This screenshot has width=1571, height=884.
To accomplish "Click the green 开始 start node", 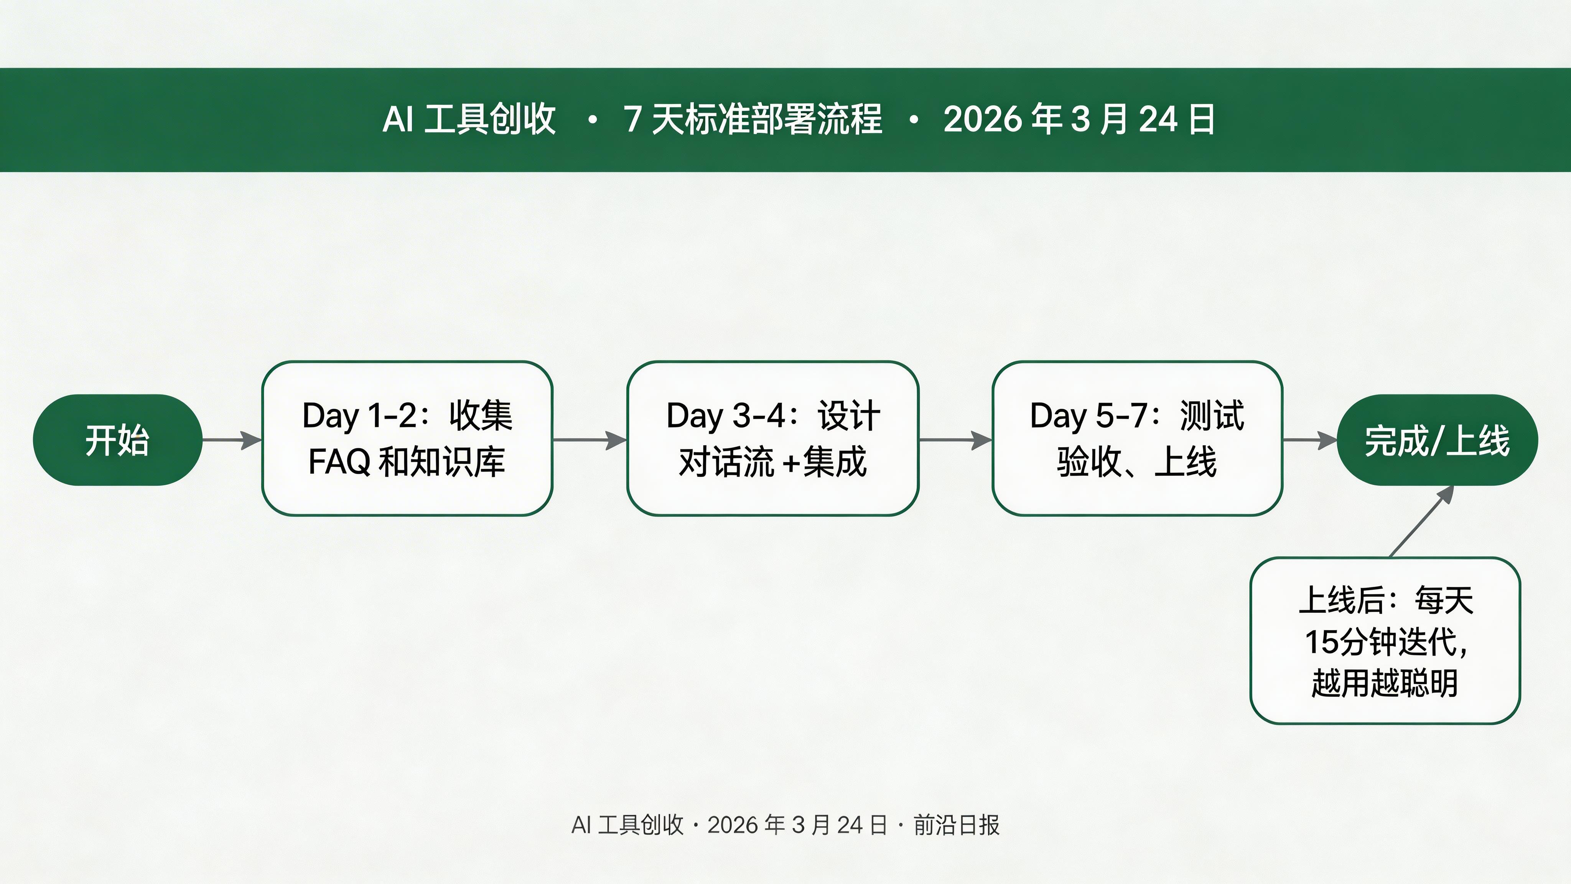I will pos(117,440).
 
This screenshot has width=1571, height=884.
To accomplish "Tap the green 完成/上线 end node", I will pos(1437,440).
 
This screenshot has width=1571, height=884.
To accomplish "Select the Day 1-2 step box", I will pos(407,438).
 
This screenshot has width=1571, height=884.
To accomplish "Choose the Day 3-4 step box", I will pos(773,438).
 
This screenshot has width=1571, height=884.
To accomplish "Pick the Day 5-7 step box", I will pos(1137,438).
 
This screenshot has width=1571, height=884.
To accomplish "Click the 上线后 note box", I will pos(1384,641).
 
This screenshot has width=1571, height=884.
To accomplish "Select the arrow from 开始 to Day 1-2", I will pos(232,440).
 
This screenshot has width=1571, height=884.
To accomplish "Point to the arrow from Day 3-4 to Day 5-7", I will pos(955,440).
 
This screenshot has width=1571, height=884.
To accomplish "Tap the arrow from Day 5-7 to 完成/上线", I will pos(1309,440).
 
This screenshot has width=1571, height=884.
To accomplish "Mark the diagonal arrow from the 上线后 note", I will pos(1421,522).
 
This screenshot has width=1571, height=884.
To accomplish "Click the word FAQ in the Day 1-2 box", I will pos(339,462).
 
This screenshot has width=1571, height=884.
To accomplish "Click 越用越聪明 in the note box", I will pos(1384,683).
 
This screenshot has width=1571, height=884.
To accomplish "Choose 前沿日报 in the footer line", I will pos(956,825).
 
